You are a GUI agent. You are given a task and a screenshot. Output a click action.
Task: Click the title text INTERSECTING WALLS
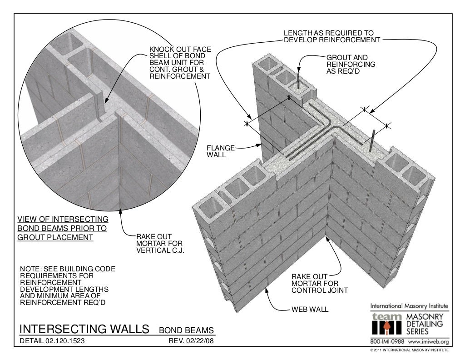point(84,329)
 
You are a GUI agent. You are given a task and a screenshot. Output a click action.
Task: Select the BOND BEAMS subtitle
point(186,330)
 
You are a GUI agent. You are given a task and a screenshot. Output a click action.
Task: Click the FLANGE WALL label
point(221,151)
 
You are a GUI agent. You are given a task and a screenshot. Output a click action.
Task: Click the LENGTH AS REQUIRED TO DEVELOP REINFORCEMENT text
point(331,36)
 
